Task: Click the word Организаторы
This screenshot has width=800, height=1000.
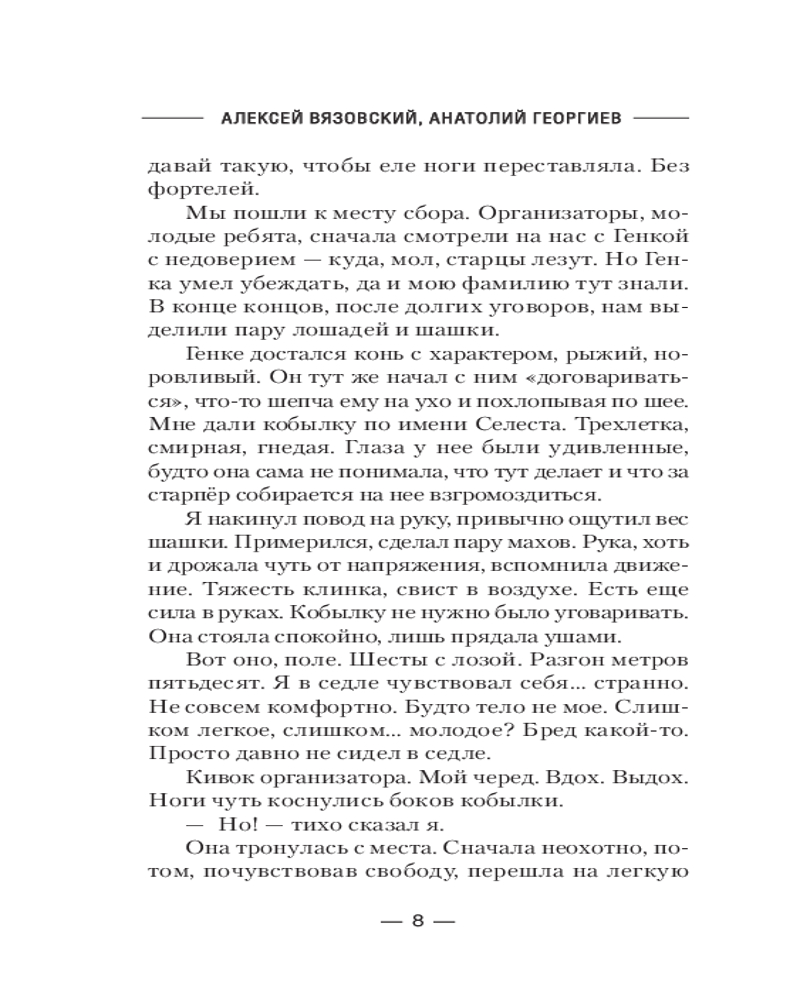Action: (x=551, y=213)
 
